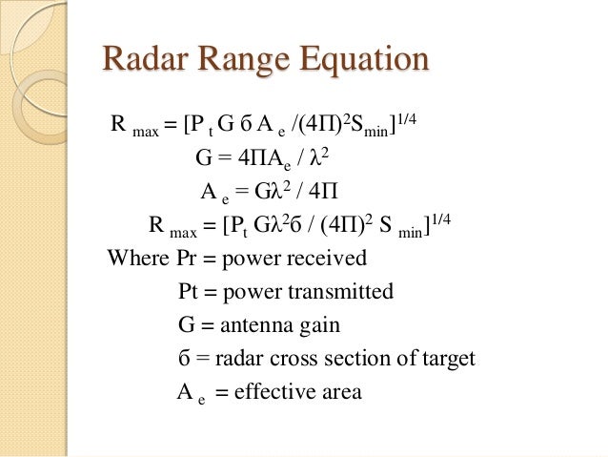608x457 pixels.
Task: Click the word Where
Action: coord(139,259)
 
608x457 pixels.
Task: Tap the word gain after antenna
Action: coord(319,327)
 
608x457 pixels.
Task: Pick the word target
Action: coord(446,360)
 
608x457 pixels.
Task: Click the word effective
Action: coord(275,391)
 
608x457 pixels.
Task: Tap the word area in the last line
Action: coord(341,392)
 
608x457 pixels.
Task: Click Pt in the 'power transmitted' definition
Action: coord(189,292)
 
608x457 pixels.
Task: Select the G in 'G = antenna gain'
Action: coord(186,325)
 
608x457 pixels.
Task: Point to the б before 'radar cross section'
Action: coord(185,359)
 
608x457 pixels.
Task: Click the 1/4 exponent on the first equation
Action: coord(411,115)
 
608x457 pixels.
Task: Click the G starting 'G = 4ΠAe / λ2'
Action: coord(203,158)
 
